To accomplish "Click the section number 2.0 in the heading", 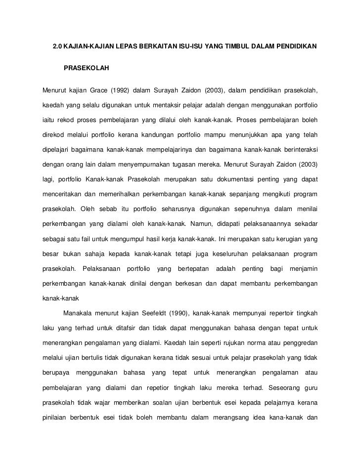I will coord(57,47).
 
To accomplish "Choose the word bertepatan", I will coord(188,268).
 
